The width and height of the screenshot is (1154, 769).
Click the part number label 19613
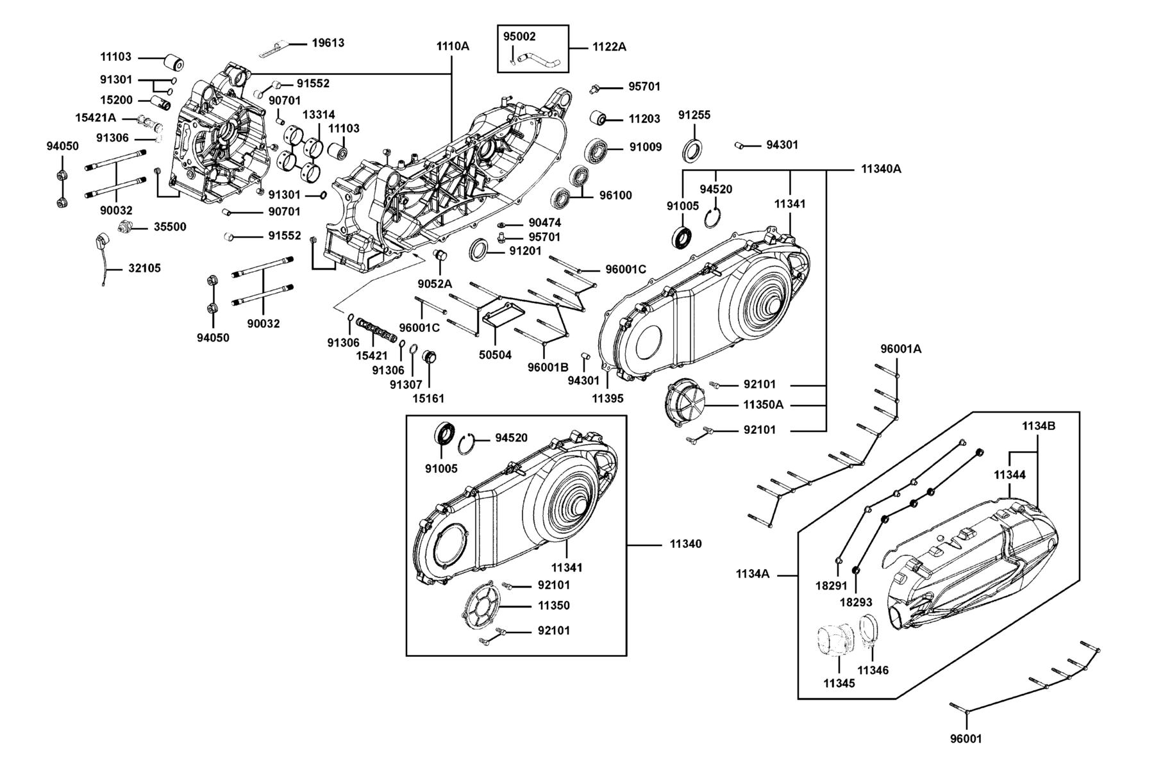coord(328,43)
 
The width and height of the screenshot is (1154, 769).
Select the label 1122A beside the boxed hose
coord(608,47)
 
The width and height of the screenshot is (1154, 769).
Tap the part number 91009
coord(645,147)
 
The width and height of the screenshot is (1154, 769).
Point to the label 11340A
coord(881,169)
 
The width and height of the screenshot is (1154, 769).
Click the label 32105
coord(144,269)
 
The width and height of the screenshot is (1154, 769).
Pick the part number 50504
coord(495,354)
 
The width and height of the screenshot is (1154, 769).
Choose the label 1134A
coord(752,574)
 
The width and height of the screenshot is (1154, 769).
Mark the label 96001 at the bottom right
coord(966,739)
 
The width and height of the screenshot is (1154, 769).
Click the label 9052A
coord(435,284)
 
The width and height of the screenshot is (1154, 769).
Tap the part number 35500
coord(170,227)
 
